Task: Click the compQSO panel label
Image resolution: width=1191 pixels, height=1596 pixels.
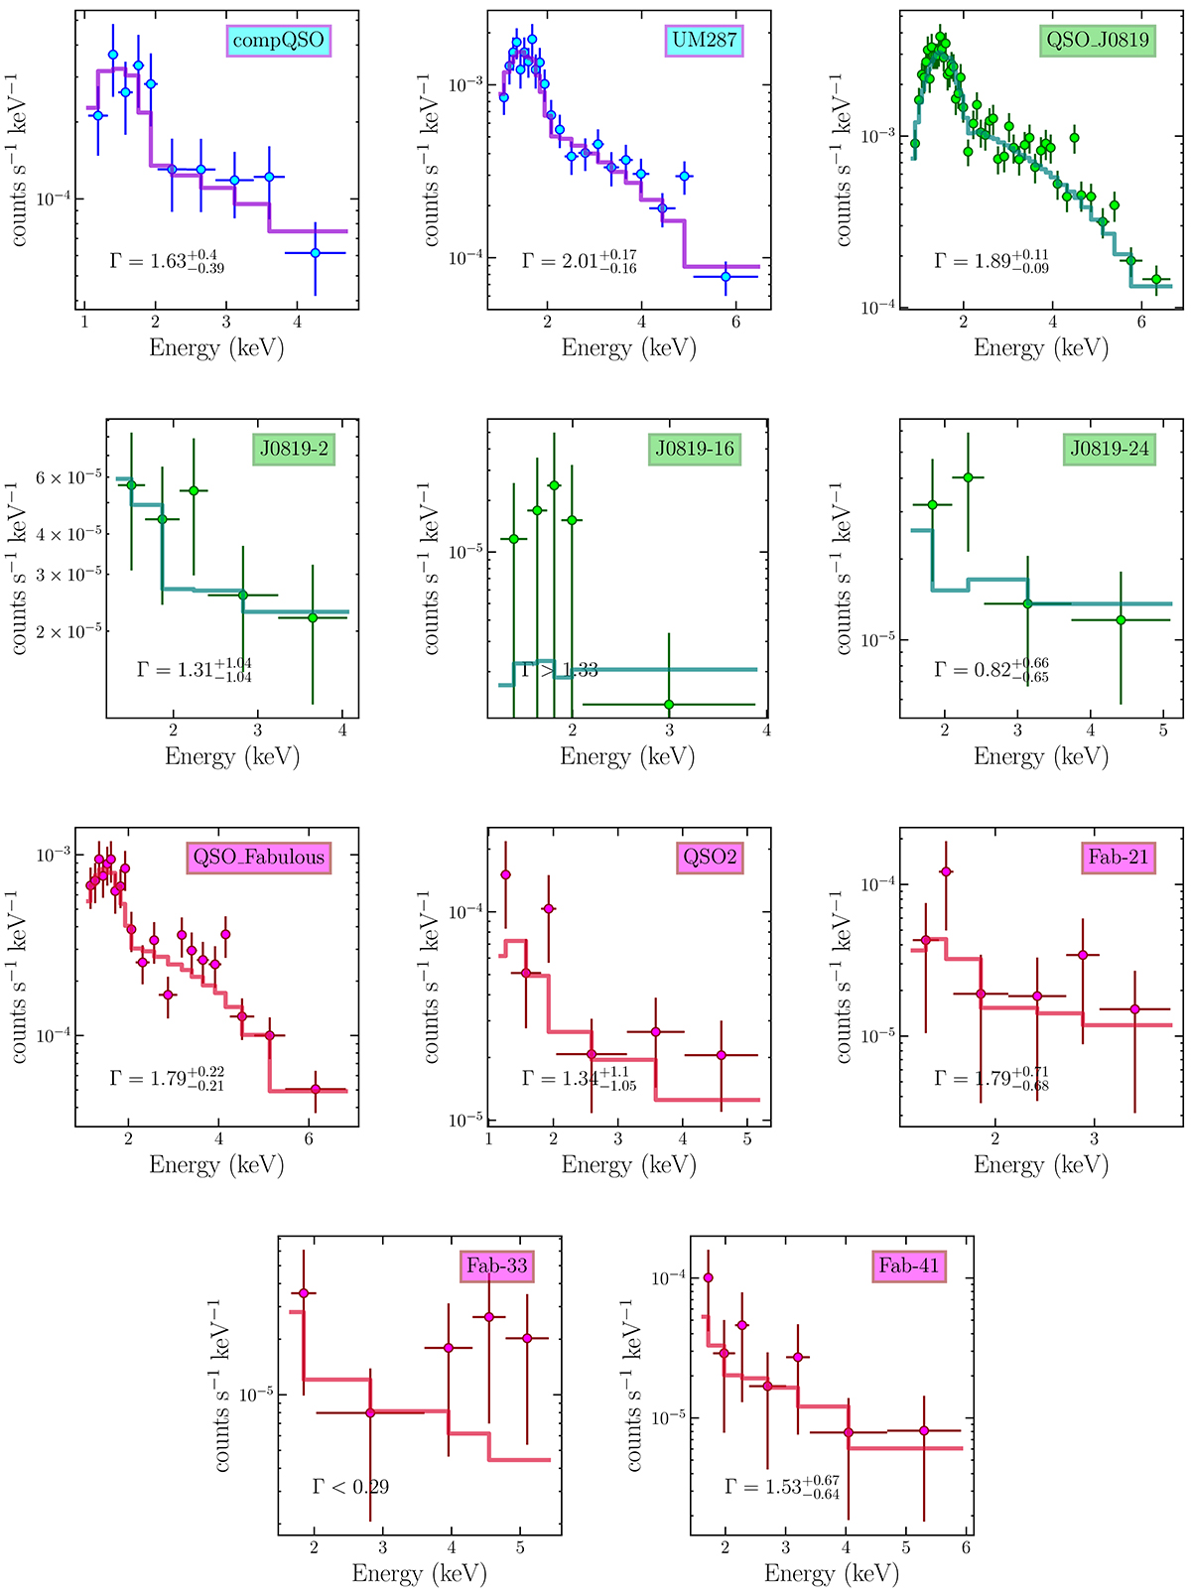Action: tap(278, 41)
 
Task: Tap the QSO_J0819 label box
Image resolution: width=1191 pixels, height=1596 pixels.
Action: tap(1098, 41)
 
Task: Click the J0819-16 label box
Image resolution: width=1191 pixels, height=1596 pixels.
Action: tap(695, 449)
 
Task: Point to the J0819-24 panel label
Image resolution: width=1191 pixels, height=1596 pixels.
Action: tap(1110, 449)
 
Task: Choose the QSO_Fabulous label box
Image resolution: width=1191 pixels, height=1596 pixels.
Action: tap(259, 858)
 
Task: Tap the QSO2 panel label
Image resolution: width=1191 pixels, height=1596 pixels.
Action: tap(711, 858)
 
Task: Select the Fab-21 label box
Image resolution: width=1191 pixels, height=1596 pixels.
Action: tap(1119, 858)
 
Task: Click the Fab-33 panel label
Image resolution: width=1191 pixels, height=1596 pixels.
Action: tap(497, 1266)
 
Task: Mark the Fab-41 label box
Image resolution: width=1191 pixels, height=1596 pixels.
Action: tap(909, 1266)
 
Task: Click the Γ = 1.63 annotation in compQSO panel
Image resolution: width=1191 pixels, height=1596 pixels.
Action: tap(168, 262)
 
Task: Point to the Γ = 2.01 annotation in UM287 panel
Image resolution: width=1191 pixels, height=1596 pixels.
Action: tap(580, 262)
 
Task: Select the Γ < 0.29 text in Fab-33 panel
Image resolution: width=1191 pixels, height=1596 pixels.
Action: tap(350, 1487)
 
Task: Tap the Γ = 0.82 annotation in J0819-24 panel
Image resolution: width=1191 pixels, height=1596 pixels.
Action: tap(992, 670)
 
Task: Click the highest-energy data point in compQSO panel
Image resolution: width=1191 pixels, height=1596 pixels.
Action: tap(316, 253)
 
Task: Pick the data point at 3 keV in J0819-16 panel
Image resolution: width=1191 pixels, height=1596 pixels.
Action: tap(669, 705)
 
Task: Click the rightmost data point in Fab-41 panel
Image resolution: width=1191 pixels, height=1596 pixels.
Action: tap(924, 1430)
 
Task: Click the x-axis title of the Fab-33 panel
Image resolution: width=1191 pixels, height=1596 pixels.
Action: tap(419, 1574)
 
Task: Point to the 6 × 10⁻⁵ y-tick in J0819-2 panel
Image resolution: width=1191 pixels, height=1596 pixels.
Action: tap(69, 478)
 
